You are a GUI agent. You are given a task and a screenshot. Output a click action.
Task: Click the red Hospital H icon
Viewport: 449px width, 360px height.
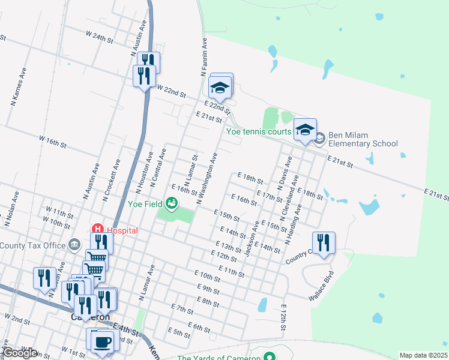coord(97,229)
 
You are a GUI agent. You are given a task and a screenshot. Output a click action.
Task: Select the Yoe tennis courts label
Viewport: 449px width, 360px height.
coord(258,131)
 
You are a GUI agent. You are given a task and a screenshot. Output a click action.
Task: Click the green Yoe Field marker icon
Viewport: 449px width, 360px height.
coord(172,203)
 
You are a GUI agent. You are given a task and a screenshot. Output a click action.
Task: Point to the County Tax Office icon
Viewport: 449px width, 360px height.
coord(74,245)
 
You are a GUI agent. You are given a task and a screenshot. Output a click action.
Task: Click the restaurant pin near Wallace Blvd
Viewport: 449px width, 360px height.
coord(324,243)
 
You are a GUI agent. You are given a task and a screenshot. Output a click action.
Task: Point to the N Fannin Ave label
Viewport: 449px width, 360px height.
coord(202,58)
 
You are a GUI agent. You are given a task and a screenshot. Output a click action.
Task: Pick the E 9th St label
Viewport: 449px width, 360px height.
coord(207,289)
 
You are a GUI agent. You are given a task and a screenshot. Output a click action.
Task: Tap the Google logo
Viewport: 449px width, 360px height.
coord(19,353)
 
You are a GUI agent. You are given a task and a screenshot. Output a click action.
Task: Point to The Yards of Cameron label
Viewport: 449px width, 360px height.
coord(219,358)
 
